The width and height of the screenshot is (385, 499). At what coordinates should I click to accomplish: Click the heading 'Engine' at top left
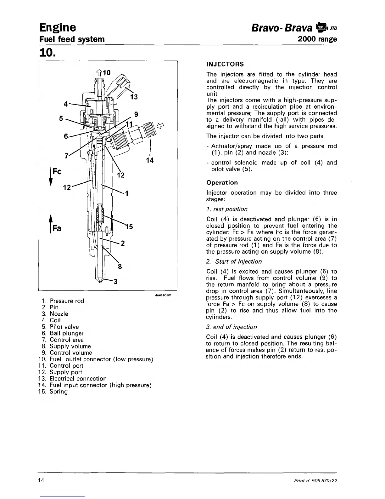(x=58, y=27)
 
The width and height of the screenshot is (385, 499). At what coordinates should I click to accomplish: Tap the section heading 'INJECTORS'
(x=225, y=64)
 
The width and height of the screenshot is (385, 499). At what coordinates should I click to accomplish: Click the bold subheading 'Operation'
(x=222, y=183)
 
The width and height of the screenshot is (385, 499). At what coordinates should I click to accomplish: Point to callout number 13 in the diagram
(x=134, y=97)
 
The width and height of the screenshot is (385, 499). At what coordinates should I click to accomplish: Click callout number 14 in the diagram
(x=150, y=160)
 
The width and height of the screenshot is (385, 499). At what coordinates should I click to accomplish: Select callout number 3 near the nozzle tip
(x=115, y=282)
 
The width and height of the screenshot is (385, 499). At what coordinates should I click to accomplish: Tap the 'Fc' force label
(x=57, y=172)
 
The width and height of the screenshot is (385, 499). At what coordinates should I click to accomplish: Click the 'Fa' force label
(x=57, y=228)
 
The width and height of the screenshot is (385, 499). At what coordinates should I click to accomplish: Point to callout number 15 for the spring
(x=129, y=227)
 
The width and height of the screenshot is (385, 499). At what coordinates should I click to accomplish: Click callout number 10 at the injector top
(x=107, y=73)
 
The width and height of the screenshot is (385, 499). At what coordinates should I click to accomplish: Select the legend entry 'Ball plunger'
(x=66, y=333)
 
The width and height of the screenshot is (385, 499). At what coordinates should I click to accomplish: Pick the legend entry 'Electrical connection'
(x=78, y=379)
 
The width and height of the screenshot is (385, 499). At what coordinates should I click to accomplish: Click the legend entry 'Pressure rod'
(x=67, y=301)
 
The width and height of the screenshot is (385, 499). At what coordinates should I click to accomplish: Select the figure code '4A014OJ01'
(x=163, y=296)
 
